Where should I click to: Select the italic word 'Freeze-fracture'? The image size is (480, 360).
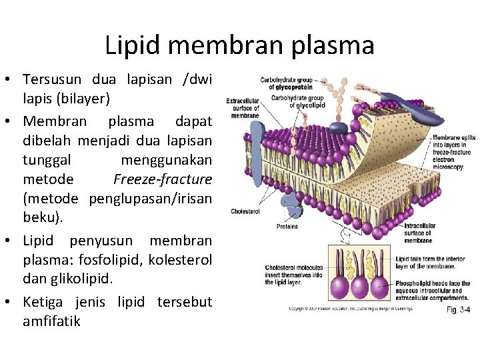click(x=163, y=179)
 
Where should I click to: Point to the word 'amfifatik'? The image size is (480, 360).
click(x=51, y=321)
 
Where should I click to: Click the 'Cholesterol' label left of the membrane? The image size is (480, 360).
click(x=244, y=211)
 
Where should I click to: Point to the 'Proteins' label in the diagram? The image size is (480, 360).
click(x=287, y=227)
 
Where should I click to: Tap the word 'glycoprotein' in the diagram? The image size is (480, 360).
click(x=290, y=87)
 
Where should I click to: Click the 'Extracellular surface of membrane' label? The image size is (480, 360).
click(x=243, y=109)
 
